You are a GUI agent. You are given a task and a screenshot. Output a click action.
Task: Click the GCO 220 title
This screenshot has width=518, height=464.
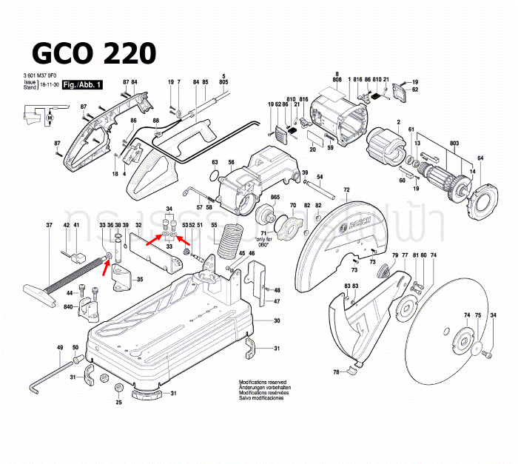click(94, 53)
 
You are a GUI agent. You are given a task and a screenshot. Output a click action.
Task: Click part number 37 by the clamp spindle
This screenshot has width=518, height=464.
click(49, 225)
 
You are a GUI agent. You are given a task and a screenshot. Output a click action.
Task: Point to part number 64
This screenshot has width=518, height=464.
click(480, 158)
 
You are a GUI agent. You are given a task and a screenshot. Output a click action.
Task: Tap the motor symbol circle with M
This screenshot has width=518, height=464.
click(50, 117)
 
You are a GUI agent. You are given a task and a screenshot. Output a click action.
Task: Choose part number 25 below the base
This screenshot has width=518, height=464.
click(118, 403)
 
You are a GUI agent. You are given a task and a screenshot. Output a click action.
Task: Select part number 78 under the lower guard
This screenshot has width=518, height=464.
click(335, 371)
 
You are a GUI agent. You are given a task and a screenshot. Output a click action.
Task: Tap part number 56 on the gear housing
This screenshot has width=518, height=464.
click(231, 163)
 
